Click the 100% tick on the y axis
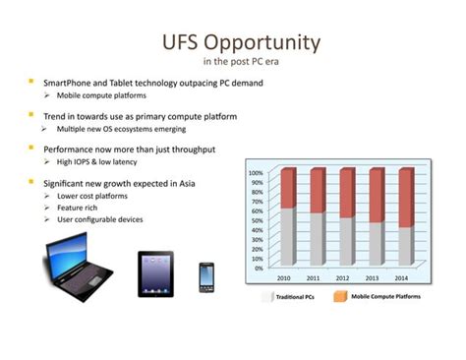coord(255,172)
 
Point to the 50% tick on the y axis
coord(256,219)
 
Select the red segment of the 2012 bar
coord(347,193)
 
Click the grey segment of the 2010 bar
coord(287,236)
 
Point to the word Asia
coord(205,182)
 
